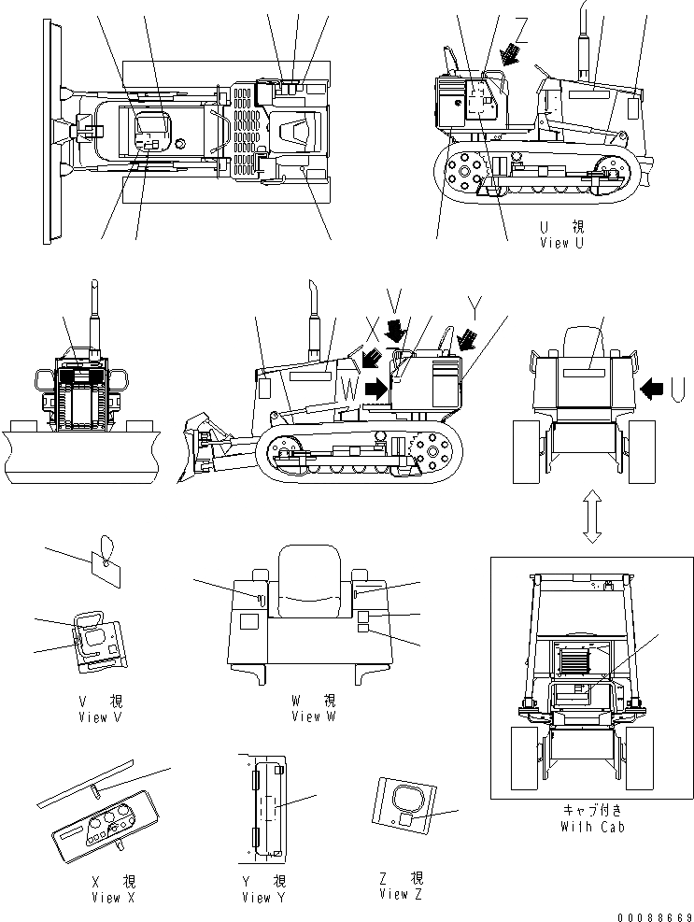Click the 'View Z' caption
(x=402, y=895)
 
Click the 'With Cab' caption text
(x=592, y=827)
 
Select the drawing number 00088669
(x=652, y=915)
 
